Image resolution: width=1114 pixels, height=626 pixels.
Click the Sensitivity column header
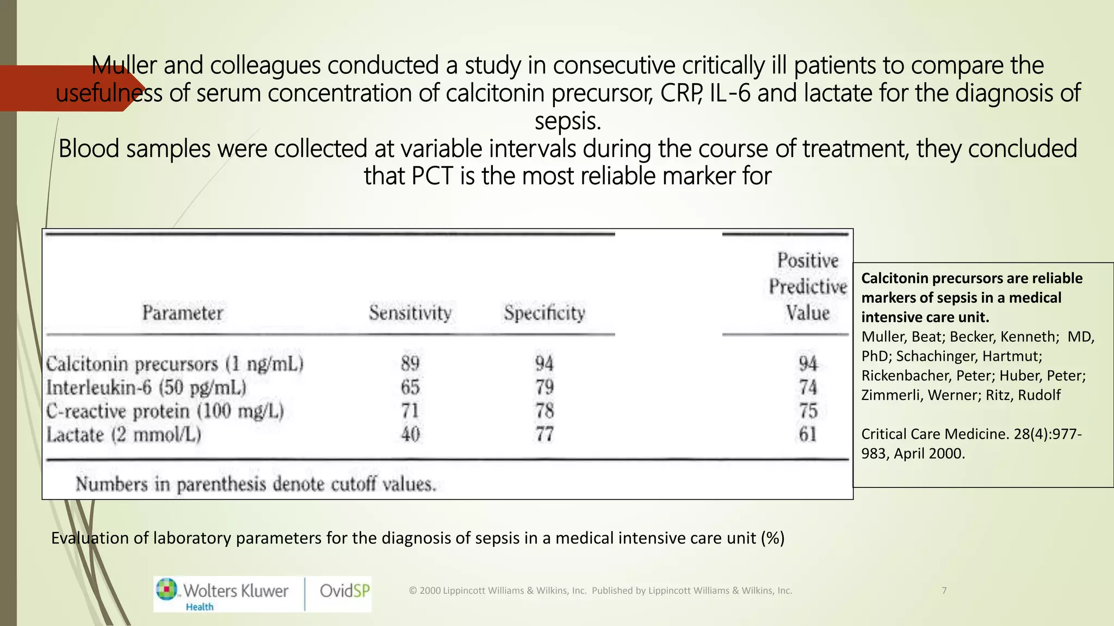click(410, 312)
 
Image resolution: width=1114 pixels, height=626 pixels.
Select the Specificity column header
click(544, 312)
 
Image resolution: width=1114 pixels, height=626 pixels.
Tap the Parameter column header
click(182, 313)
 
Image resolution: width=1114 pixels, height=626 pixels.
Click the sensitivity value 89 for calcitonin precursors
click(410, 363)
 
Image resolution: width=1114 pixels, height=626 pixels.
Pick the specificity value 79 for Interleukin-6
click(544, 387)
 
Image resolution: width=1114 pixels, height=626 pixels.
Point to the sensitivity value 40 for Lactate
click(410, 434)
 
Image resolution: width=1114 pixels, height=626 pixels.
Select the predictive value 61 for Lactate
click(808, 434)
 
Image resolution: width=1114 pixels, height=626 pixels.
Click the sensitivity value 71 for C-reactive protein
click(410, 410)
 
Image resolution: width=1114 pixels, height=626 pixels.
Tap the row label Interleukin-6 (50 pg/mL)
click(146, 387)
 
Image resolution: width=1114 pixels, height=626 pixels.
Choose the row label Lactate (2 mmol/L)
click(123, 435)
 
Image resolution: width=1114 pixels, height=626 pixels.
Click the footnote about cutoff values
click(256, 484)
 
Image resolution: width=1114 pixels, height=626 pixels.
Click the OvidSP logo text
click(344, 591)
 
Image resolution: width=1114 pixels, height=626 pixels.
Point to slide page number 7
click(944, 591)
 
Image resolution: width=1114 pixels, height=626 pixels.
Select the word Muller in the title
click(124, 66)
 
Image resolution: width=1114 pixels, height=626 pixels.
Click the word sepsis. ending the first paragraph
click(567, 121)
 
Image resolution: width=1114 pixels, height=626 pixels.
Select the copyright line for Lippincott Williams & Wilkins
click(600, 591)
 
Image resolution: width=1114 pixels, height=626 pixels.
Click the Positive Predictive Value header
click(808, 286)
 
